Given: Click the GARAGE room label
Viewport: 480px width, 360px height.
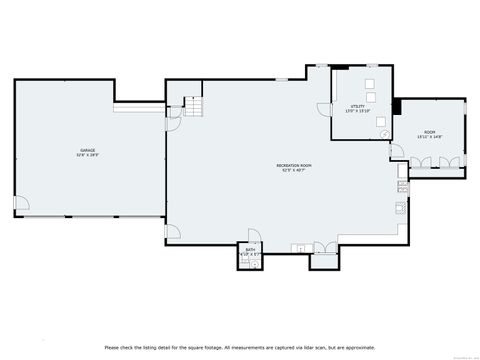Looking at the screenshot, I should pos(88,151).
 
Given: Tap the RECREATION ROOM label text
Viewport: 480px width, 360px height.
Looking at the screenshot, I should pos(294,164).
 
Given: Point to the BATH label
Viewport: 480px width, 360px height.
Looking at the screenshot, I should pos(249,250).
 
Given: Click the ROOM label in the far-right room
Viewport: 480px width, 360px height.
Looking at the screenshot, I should pos(429,131).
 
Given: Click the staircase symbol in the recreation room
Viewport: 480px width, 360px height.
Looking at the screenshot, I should pos(193,106).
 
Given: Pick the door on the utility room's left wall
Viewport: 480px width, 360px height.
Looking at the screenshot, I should pos(324,109).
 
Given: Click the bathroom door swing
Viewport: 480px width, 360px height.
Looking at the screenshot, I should pos(254,236).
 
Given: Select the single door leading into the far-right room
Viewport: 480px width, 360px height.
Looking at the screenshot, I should pos(397,151).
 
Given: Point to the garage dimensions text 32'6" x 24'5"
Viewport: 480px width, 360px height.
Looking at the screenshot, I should pos(88,156).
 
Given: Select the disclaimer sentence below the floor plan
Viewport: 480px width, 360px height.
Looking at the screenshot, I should pos(240,347).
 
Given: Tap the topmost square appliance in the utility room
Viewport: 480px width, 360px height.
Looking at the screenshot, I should pos(369,84).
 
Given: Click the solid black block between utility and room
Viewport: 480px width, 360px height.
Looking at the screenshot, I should pos(397,106).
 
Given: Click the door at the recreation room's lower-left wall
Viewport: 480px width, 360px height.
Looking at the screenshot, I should pos(173,232).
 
